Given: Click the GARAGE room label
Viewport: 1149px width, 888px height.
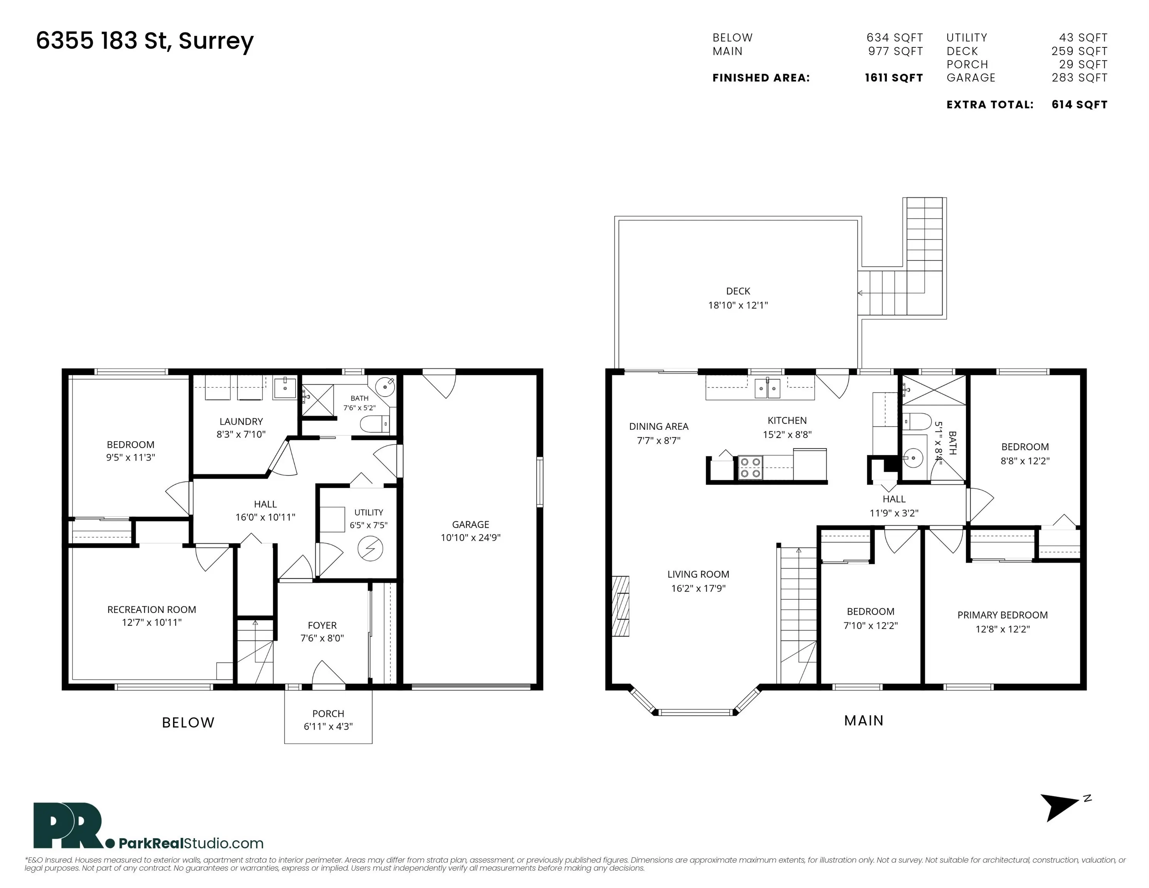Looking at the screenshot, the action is pos(470,525).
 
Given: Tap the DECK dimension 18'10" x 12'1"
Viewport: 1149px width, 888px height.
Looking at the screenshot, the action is pos(738,305).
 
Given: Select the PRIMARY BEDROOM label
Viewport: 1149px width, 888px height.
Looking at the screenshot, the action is pos(1002,615).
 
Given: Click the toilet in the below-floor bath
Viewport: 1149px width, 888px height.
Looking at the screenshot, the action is pos(375,424).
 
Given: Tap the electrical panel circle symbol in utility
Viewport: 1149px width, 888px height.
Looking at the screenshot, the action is pos(370,549).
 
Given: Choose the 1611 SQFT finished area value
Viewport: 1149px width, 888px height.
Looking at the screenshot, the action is pos(894,78).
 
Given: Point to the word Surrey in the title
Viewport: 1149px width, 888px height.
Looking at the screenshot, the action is pos(216,41).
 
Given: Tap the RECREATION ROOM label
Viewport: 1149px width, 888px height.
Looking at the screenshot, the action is pos(151,610).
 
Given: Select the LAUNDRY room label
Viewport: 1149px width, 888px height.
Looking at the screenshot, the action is pos(241,421).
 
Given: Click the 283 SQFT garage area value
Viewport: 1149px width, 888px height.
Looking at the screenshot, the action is pos(1080,78).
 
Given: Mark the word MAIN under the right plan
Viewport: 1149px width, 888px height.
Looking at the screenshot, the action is pos(864,721).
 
